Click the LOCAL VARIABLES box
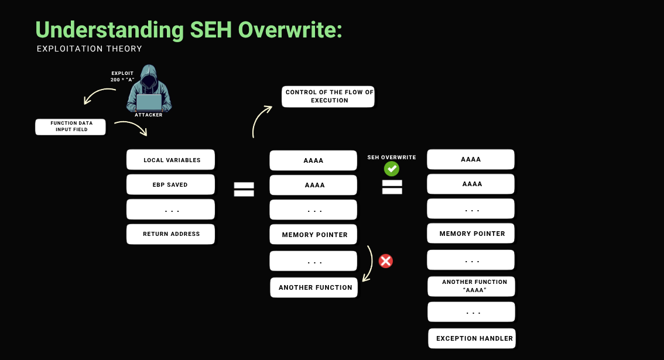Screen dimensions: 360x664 [x=170, y=160]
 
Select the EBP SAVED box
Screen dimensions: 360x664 [x=170, y=185]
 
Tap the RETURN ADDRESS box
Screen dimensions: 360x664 [x=170, y=234]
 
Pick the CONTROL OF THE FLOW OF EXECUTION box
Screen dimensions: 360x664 [x=328, y=97]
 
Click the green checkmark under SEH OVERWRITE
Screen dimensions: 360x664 [x=391, y=169]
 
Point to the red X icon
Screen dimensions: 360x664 [x=385, y=261]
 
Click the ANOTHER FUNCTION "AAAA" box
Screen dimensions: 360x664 [x=471, y=286]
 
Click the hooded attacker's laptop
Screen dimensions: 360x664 [x=149, y=102]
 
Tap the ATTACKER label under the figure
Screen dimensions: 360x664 [x=149, y=115]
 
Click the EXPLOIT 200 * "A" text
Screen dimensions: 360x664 [x=122, y=76]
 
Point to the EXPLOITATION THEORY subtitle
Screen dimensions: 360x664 [x=89, y=49]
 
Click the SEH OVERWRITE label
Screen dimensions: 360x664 [x=391, y=157]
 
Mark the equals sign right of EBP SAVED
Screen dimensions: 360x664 [x=244, y=189]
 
